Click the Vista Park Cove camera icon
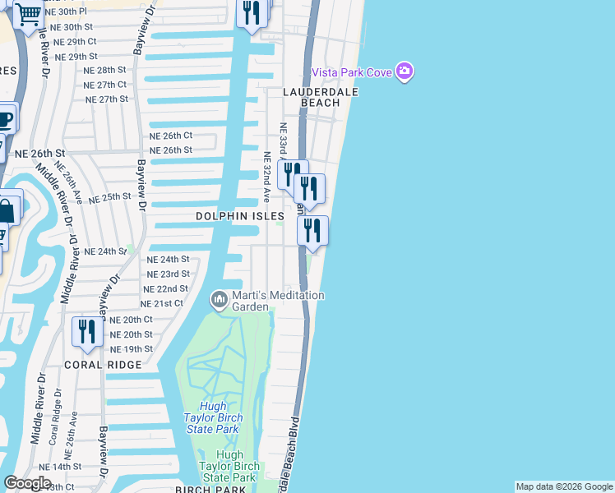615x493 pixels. pyautogui.click(x=404, y=72)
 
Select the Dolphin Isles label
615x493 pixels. pyautogui.click(x=239, y=216)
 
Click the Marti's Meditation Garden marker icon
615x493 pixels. pyautogui.click(x=220, y=300)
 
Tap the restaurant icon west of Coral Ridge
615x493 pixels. pyautogui.click(x=86, y=331)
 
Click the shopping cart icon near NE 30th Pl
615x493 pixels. pyautogui.click(x=28, y=14)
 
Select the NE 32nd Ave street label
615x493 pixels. pyautogui.click(x=266, y=176)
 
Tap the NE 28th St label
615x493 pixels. pyautogui.click(x=105, y=71)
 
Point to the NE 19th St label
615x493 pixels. pyautogui.click(x=131, y=349)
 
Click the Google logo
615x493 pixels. pyautogui.click(x=27, y=483)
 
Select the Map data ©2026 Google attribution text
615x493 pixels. pyautogui.click(x=563, y=486)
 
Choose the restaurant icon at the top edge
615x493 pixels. pyautogui.click(x=252, y=12)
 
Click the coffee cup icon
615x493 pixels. pyautogui.click(x=6, y=120)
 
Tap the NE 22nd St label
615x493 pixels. pyautogui.click(x=165, y=289)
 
